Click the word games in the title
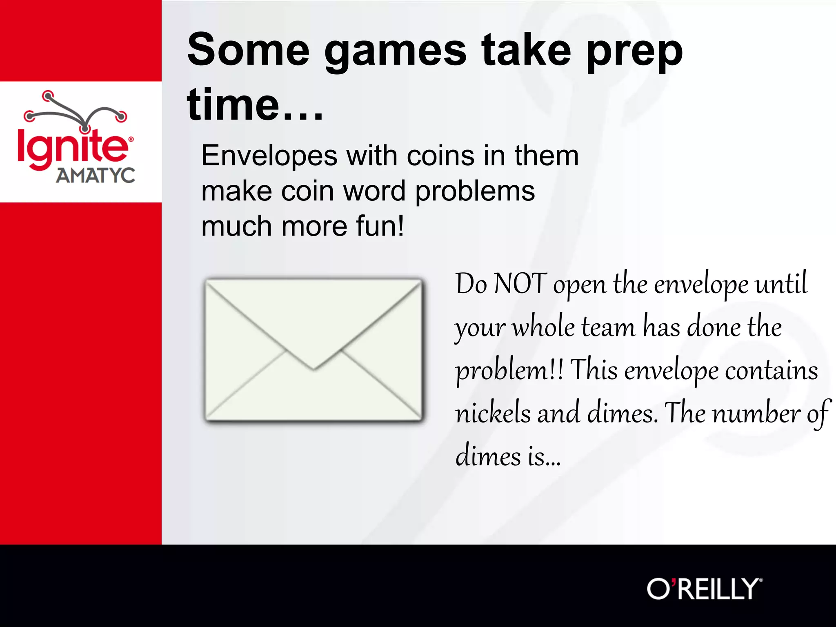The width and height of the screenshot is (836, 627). (x=395, y=51)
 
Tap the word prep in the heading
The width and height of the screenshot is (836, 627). (x=634, y=51)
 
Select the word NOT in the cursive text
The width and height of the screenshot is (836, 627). (x=520, y=284)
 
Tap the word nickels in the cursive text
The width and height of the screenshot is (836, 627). (x=492, y=413)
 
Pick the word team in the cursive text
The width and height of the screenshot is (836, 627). (x=608, y=327)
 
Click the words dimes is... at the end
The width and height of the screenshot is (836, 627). (x=508, y=456)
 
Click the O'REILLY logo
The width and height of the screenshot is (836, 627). (x=704, y=589)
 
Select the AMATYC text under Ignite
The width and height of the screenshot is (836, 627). (x=96, y=176)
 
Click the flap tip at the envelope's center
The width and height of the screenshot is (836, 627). (x=314, y=369)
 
